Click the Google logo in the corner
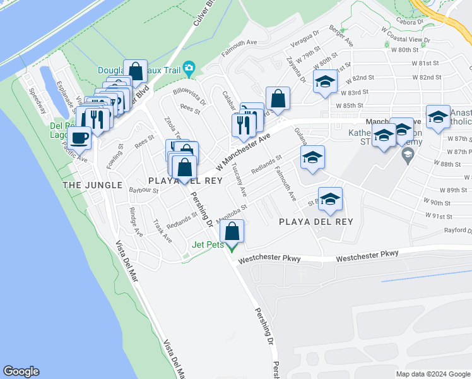21,371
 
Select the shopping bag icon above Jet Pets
233,231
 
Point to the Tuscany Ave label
238,173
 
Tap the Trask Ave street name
162,231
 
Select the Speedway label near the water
37,99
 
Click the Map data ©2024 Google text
432,374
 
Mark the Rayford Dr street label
457,231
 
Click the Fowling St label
115,155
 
